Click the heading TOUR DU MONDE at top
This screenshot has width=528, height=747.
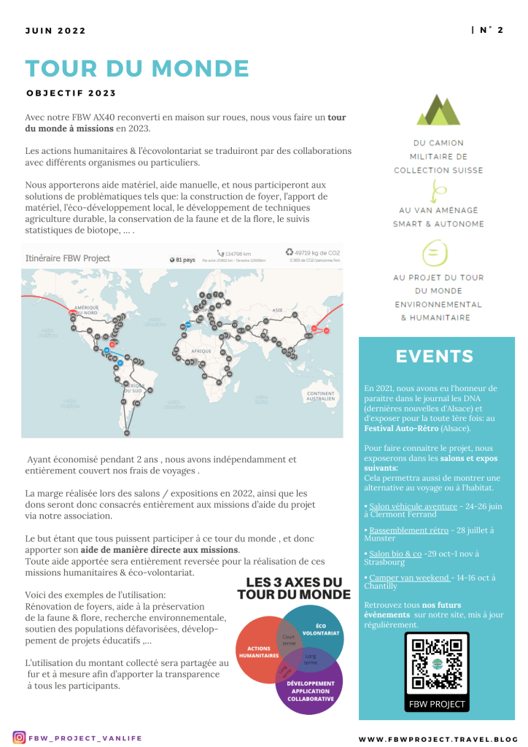[x=137, y=69]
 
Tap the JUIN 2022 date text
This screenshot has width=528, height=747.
[x=55, y=31]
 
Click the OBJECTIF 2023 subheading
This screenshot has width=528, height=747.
[x=71, y=93]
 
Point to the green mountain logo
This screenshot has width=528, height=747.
[x=438, y=110]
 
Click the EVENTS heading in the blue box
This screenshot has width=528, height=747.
[x=435, y=356]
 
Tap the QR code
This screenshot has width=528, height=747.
[x=437, y=665]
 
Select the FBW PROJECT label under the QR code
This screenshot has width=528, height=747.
[x=437, y=704]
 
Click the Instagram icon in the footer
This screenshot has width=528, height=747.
[x=20, y=738]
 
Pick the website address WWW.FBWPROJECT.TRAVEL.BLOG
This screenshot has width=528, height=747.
[x=438, y=738]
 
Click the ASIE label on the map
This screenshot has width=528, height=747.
[x=277, y=310]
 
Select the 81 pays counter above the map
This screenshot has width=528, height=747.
[x=183, y=259]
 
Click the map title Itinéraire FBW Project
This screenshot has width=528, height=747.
[x=68, y=258]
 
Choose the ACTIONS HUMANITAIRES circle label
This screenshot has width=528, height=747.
[x=259, y=651]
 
